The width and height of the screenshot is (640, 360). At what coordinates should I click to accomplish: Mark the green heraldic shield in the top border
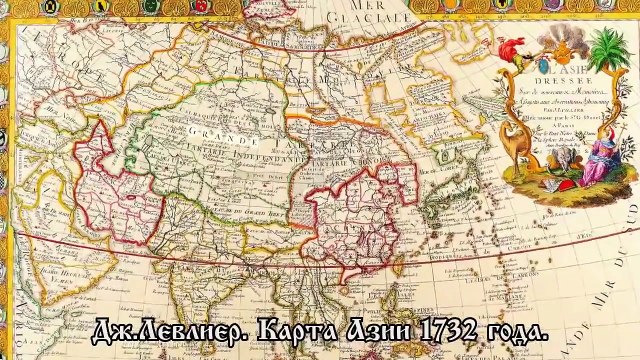pos(101,5)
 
